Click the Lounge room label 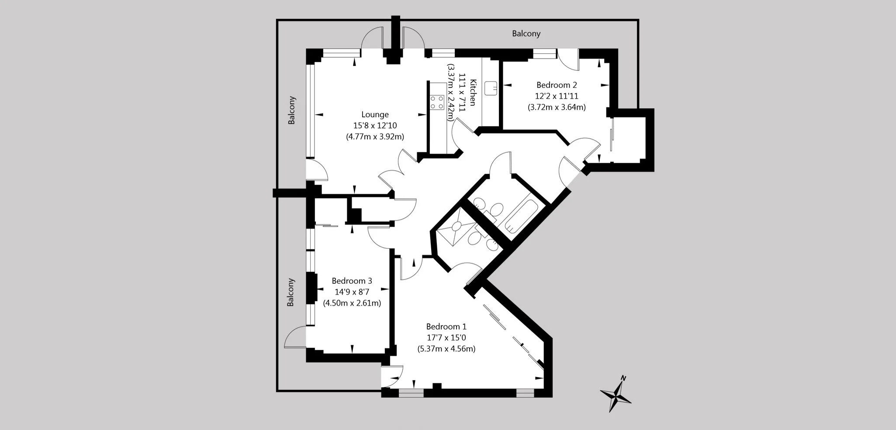[x=375, y=115]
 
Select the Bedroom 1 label [x=446, y=327]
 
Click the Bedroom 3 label [x=352, y=281]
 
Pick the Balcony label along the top [x=526, y=34]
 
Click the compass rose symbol [x=616, y=395]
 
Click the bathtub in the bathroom [x=520, y=216]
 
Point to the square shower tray [x=457, y=226]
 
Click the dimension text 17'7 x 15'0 [x=446, y=338]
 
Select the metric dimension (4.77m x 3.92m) [x=375, y=137]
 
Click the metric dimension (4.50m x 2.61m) [x=352, y=303]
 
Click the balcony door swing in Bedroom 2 [x=569, y=61]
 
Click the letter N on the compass [x=624, y=378]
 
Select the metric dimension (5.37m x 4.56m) [x=446, y=349]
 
